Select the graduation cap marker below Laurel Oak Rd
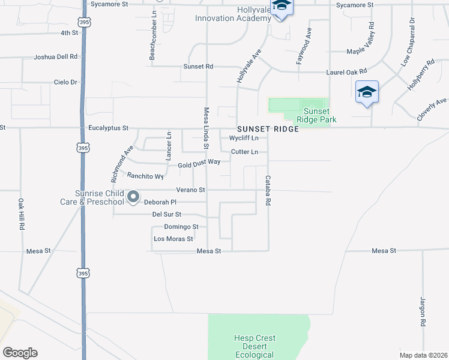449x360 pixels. click(367, 92)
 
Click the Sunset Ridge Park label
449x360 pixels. click(316, 115)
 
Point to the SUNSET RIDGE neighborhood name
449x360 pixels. click(268, 129)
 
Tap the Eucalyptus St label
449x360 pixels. click(109, 128)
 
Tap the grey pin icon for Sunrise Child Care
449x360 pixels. click(133, 196)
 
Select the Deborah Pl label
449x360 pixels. click(160, 202)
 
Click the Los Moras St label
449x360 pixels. click(173, 238)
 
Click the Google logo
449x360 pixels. click(20, 353)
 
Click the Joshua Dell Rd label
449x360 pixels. click(56, 57)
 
